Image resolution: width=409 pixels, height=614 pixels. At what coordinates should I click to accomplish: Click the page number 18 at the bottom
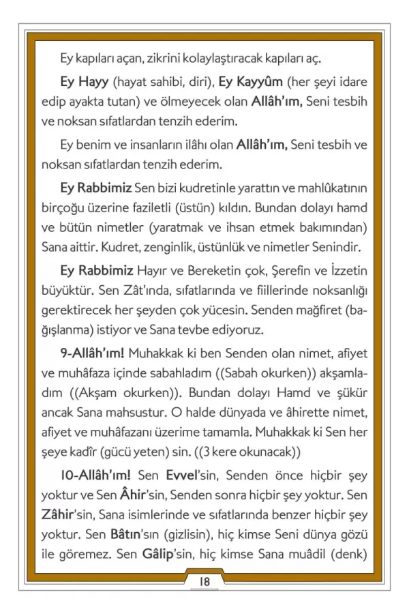click(204, 581)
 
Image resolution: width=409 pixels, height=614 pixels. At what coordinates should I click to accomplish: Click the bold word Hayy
click(97, 82)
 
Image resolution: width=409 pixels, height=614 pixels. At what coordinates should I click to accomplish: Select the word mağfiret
click(317, 311)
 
